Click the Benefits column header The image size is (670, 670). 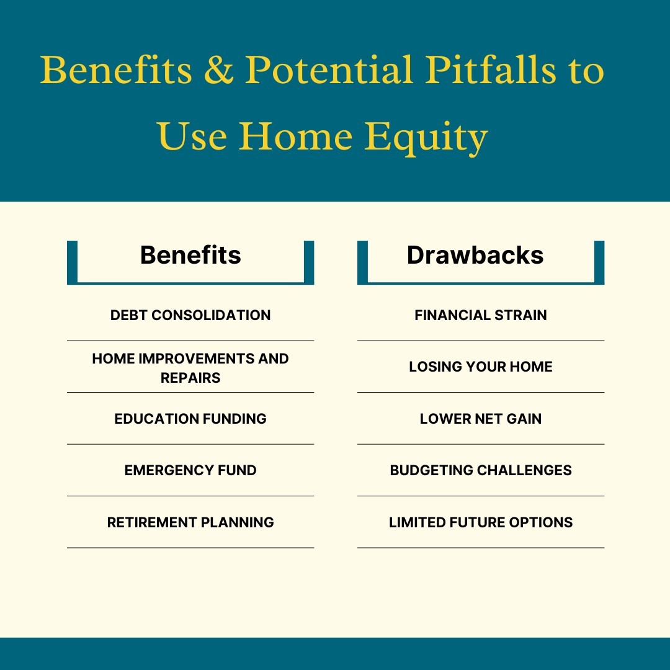(x=190, y=255)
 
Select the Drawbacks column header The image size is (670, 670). (x=475, y=255)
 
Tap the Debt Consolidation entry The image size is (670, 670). (x=190, y=315)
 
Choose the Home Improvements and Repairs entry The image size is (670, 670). (x=190, y=368)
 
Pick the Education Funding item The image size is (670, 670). (x=190, y=419)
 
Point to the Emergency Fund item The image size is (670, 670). (x=190, y=470)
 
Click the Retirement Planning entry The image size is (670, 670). (x=190, y=522)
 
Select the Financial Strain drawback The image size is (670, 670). (x=481, y=315)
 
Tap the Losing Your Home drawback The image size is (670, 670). (x=481, y=367)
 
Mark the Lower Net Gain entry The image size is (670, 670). (x=481, y=419)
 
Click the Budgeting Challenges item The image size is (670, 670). (x=481, y=470)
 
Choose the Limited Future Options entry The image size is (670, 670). (x=481, y=522)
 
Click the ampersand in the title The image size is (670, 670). (x=218, y=70)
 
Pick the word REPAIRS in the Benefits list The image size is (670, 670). (x=190, y=378)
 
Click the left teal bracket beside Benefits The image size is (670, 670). (x=73, y=262)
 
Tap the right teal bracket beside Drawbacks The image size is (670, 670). (x=599, y=262)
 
